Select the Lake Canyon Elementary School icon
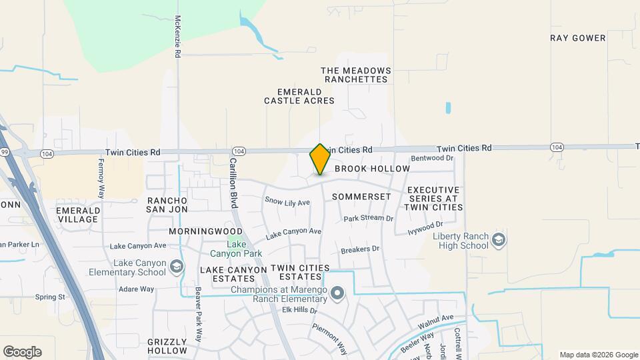tap(176, 267)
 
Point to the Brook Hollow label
tap(371, 169)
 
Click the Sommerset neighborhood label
tap(361, 197)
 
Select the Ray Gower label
tap(579, 38)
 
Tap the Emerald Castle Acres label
tap(299, 96)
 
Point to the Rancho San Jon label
tap(165, 205)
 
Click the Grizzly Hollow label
tap(167, 346)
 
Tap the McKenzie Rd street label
tap(178, 36)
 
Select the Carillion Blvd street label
tap(233, 183)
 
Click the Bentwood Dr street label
tap(432, 158)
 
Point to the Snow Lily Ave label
tap(287, 202)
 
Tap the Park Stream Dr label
tap(368, 219)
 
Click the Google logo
tap(22, 352)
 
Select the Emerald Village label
tap(78, 214)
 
